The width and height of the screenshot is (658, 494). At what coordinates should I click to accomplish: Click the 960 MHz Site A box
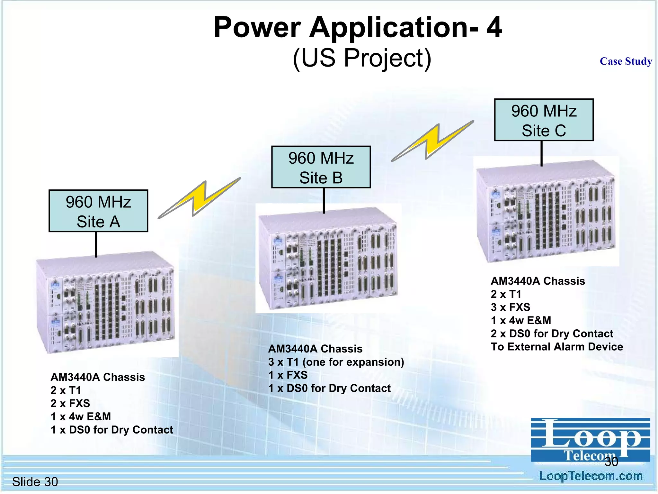tap(98, 211)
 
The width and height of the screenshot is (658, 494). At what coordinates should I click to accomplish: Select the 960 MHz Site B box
tap(321, 167)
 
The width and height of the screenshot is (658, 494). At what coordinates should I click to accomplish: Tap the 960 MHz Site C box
tap(544, 120)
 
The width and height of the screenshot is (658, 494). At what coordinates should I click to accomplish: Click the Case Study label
tap(626, 61)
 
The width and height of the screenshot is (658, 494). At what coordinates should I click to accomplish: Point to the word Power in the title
tap(257, 28)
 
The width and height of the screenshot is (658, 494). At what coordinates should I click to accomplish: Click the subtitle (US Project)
tap(362, 58)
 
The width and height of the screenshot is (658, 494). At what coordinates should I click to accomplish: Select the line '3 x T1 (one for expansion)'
tap(336, 362)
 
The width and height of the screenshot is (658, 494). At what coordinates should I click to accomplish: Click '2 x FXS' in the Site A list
tap(70, 403)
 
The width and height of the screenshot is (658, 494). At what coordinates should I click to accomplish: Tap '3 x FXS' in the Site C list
tap(511, 307)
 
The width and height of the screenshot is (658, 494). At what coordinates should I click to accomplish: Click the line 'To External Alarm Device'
tap(557, 347)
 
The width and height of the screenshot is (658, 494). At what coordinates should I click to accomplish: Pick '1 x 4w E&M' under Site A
tap(81, 416)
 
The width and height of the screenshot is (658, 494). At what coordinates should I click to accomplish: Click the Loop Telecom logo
tap(590, 439)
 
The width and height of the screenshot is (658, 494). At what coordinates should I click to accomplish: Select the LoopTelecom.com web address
tap(591, 476)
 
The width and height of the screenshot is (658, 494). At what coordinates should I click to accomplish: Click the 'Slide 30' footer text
tap(35, 482)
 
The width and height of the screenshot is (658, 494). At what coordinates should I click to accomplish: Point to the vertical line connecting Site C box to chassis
tap(541, 153)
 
